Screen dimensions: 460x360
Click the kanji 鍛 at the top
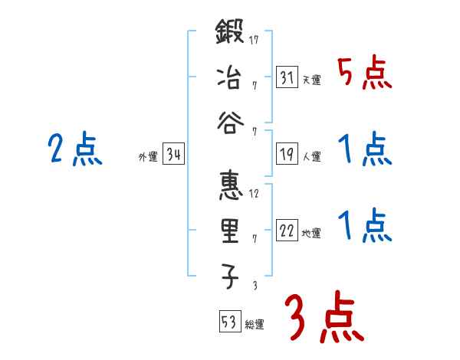pyautogui.click(x=230, y=35)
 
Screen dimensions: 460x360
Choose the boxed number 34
pyautogui.click(x=173, y=155)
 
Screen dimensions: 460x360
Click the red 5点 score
pyautogui.click(x=365, y=74)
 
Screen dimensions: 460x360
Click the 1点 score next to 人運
pyautogui.click(x=365, y=150)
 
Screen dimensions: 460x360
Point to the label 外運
pyautogui.click(x=147, y=158)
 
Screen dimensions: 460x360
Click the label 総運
pyautogui.click(x=255, y=325)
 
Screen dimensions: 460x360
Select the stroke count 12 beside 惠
pyautogui.click(x=253, y=194)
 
